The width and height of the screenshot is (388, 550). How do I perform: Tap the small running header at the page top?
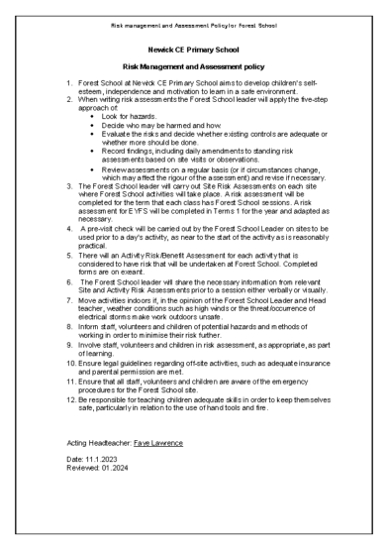coord(193,20)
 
